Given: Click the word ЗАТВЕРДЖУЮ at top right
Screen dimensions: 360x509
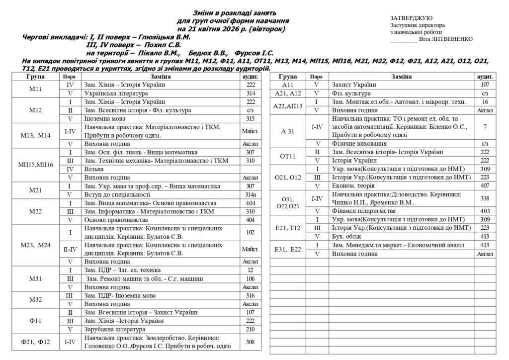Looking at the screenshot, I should (x=411, y=18).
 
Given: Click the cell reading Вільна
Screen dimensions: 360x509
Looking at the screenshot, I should (x=94, y=169).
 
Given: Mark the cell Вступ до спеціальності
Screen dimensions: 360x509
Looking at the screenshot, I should (x=117, y=194).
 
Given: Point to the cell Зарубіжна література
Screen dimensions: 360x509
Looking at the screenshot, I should (x=117, y=329).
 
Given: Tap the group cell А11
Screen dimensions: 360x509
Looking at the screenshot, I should (x=288, y=85).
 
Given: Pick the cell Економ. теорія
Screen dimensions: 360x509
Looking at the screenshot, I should (x=354, y=186).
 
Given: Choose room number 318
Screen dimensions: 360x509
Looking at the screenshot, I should (x=485, y=198).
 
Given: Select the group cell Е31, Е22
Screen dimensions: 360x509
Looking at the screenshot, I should (x=288, y=250).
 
